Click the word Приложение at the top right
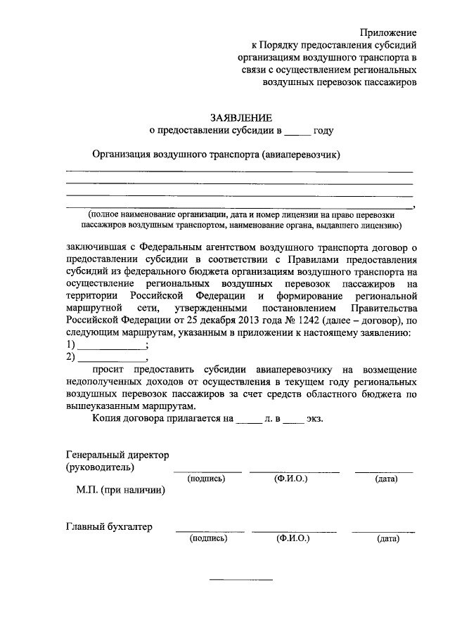tap(388, 32)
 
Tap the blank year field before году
tap(297, 131)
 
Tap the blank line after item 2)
tap(111, 358)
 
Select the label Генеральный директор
tap(117, 455)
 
